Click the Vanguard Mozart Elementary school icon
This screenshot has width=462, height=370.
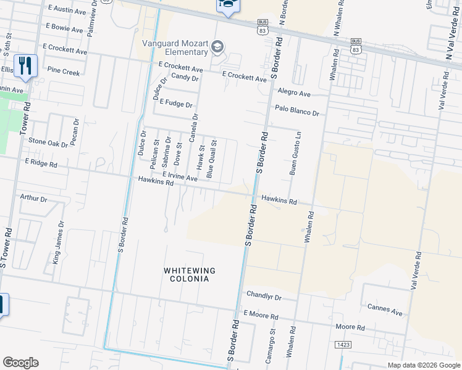coord(217,47)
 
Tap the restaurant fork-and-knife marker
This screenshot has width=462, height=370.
coord(25,65)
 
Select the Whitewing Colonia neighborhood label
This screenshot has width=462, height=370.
coord(186,274)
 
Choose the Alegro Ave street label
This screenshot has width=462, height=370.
coord(294,92)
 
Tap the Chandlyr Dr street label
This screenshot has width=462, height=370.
coord(264,297)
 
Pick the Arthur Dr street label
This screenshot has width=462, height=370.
coord(33,199)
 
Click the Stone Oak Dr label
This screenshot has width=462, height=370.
coord(48,142)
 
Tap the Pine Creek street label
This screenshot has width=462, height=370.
coord(64,72)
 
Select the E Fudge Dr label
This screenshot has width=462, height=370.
coord(176,104)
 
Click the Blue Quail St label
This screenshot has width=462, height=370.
coord(211,159)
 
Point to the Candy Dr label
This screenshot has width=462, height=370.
coord(185,77)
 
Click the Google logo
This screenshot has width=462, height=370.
coord(20,363)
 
